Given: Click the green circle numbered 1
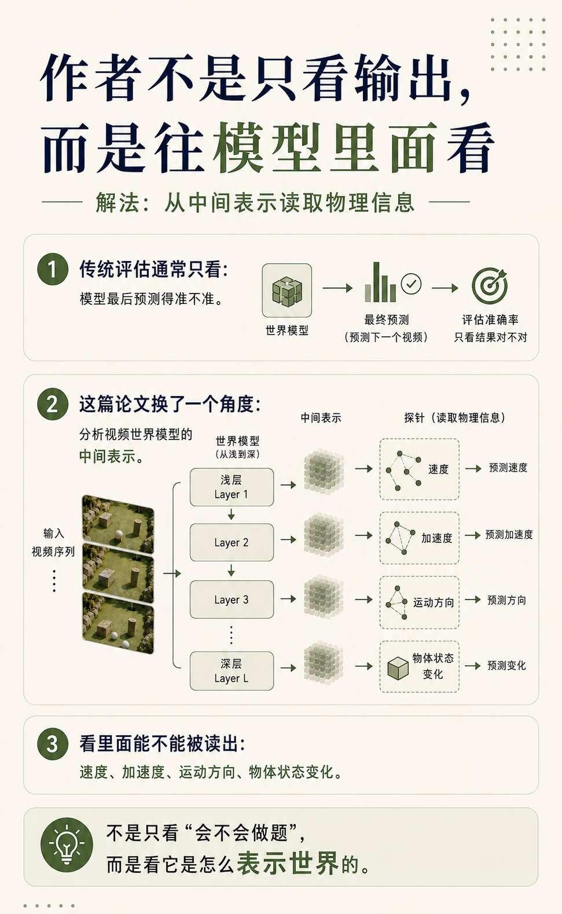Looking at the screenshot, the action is point(52,269).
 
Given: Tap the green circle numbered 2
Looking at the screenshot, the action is point(52,404).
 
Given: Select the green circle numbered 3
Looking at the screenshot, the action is point(52,743).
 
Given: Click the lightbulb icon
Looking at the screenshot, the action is point(67,844).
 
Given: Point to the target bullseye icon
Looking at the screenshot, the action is point(490,285).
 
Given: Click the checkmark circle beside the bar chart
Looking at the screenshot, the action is point(411,284).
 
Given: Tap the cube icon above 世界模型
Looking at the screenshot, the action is point(287,291).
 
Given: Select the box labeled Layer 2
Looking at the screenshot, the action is point(232,542).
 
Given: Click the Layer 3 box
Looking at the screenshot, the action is point(232,600).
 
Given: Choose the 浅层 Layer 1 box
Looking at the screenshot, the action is point(232,487).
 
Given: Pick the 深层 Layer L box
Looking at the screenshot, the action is point(232,671).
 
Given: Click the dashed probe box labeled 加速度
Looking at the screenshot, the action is point(420,538).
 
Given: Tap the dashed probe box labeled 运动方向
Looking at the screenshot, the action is point(420,602).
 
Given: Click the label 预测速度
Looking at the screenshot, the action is point(508,468).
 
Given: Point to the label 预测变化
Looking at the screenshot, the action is point(506,666).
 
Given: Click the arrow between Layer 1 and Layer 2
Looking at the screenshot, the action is point(232,515).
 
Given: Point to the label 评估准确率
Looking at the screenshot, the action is point(490,320).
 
